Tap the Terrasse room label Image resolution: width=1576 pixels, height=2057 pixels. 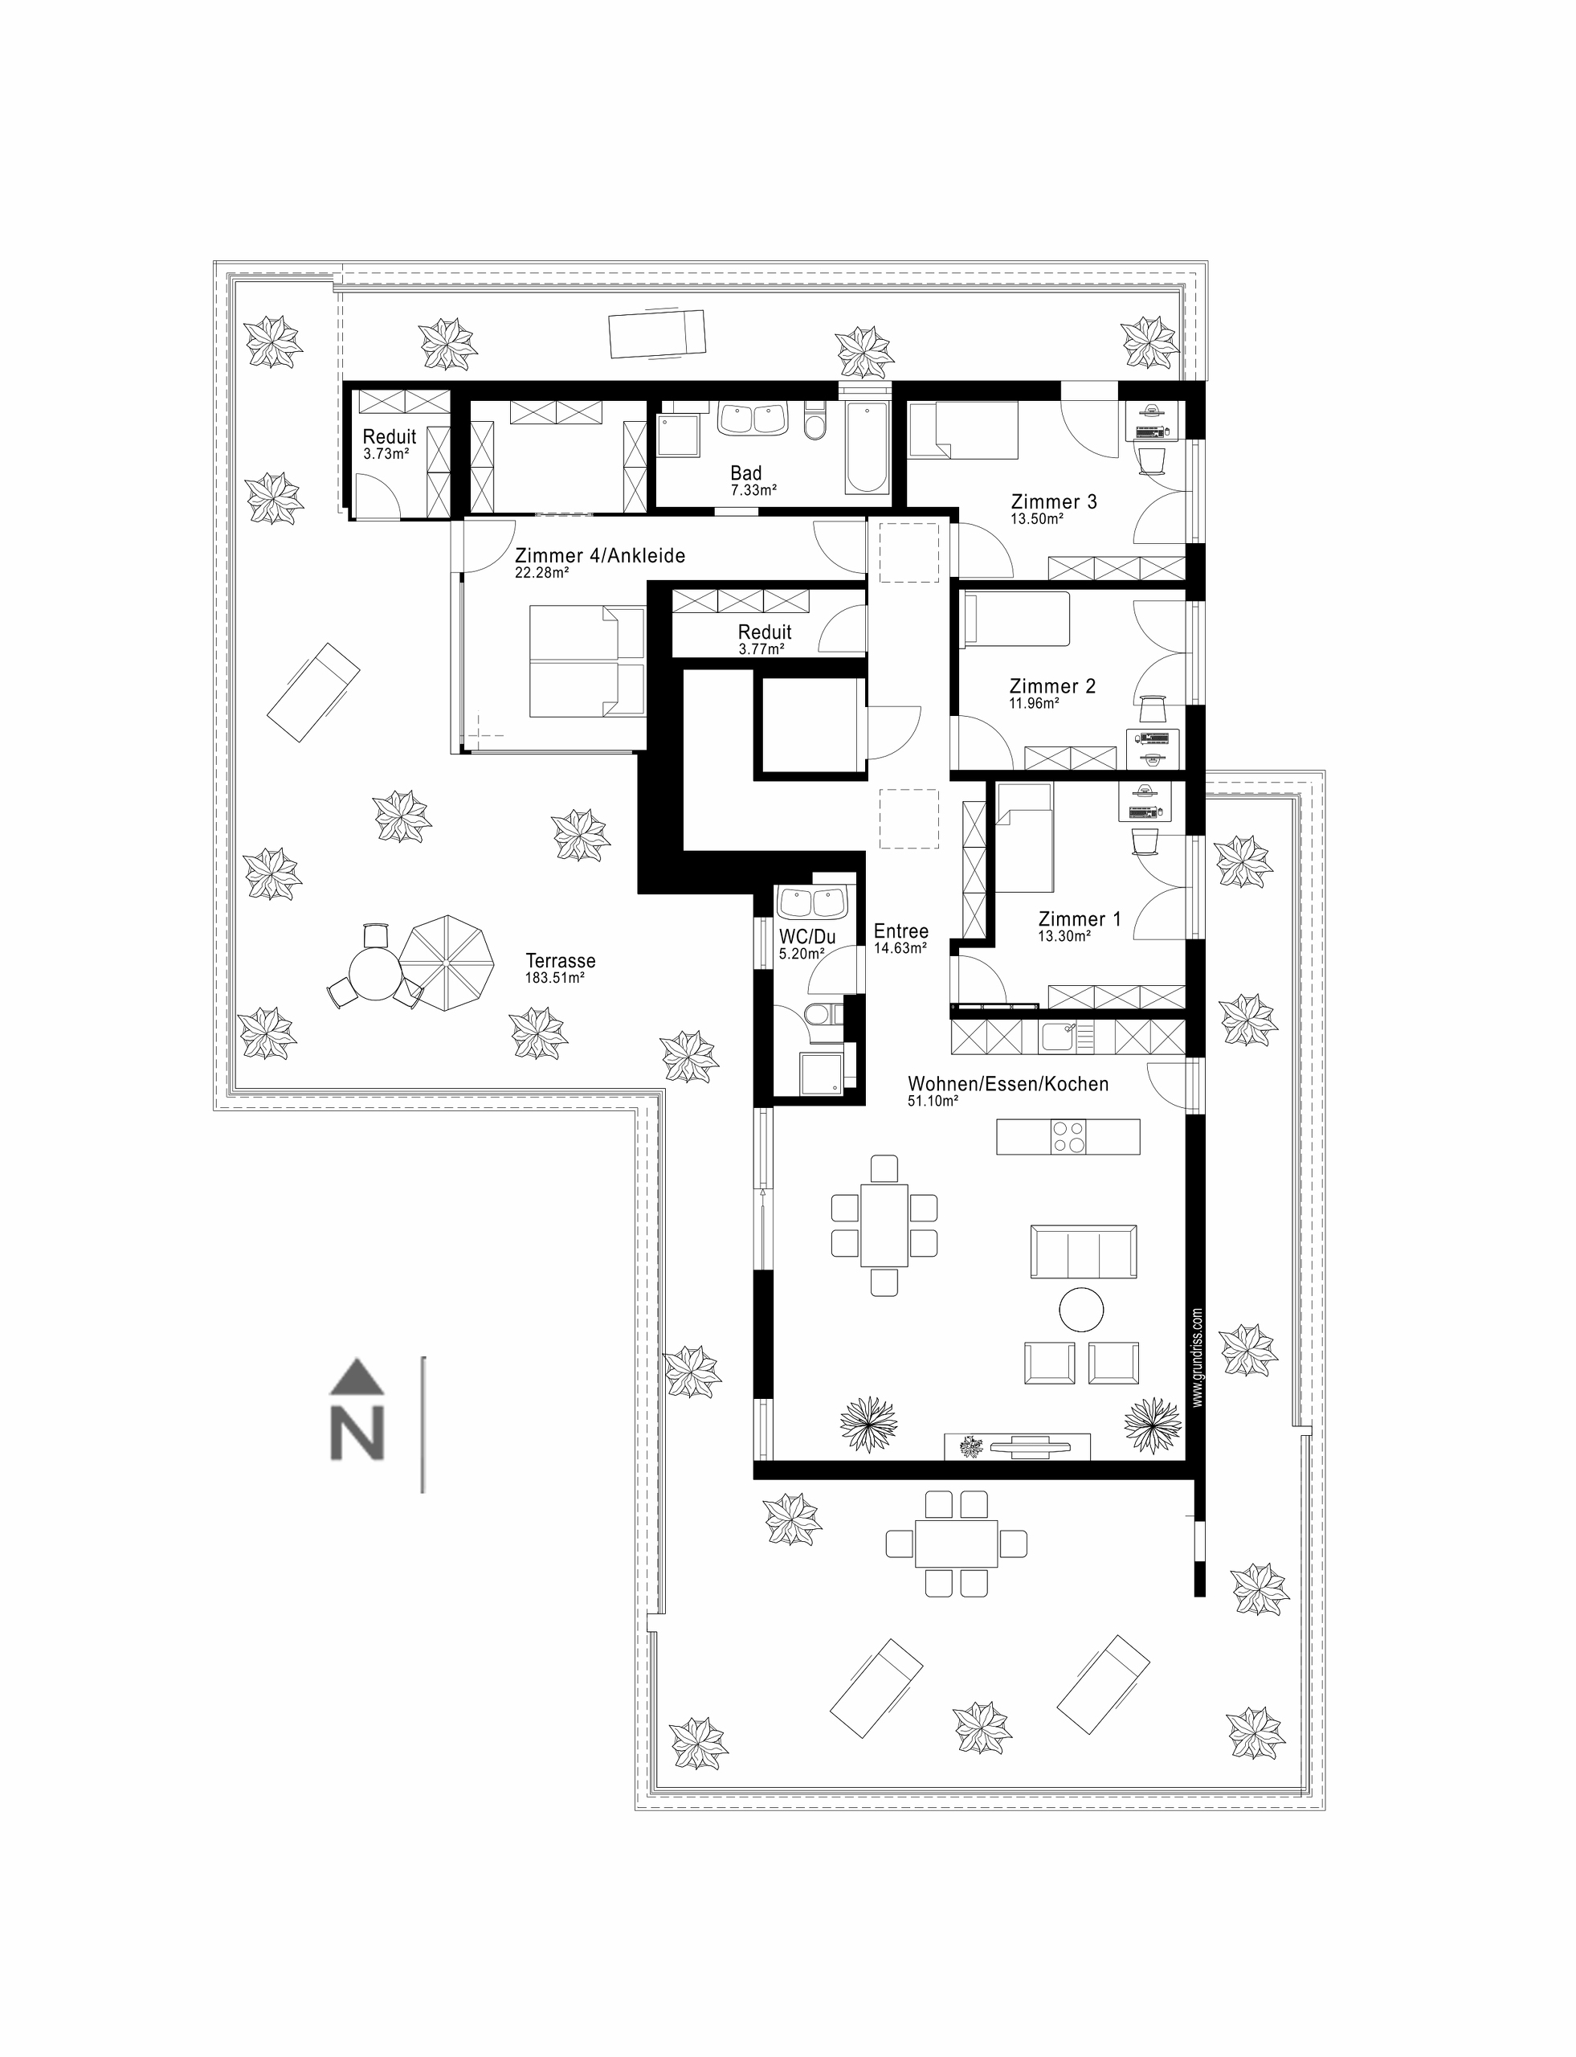click(560, 961)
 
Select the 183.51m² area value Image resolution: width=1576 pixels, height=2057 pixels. click(554, 978)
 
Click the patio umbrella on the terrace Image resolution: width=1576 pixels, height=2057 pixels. click(447, 963)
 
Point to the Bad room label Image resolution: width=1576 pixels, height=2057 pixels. click(747, 473)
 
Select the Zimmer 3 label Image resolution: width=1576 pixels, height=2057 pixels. click(1054, 502)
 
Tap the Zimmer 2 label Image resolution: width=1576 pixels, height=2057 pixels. click(1051, 687)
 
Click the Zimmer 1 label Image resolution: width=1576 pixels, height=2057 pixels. click(1079, 920)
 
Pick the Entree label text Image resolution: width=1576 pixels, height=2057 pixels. click(900, 932)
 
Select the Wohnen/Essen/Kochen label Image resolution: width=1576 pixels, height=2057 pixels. click(1007, 1085)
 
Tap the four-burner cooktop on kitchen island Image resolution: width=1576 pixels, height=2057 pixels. click(1068, 1136)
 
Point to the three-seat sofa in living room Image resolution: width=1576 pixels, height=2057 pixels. click(1084, 1251)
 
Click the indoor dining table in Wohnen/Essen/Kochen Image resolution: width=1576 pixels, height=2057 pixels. click(884, 1225)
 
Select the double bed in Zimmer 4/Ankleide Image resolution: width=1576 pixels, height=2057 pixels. click(587, 661)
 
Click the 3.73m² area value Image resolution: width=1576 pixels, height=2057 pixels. click(386, 454)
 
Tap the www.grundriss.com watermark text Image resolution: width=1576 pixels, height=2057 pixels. click(1198, 1358)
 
